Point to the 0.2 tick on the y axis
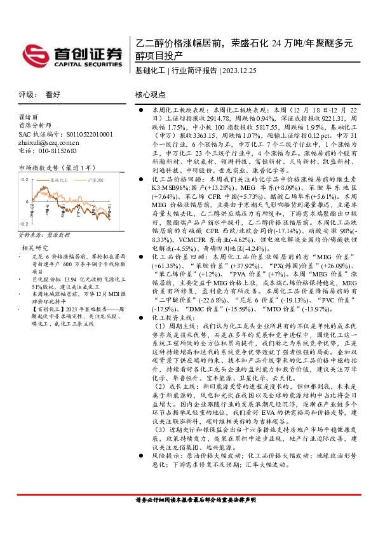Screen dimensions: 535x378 (25, 180)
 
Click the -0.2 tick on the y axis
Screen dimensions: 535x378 (24, 224)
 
